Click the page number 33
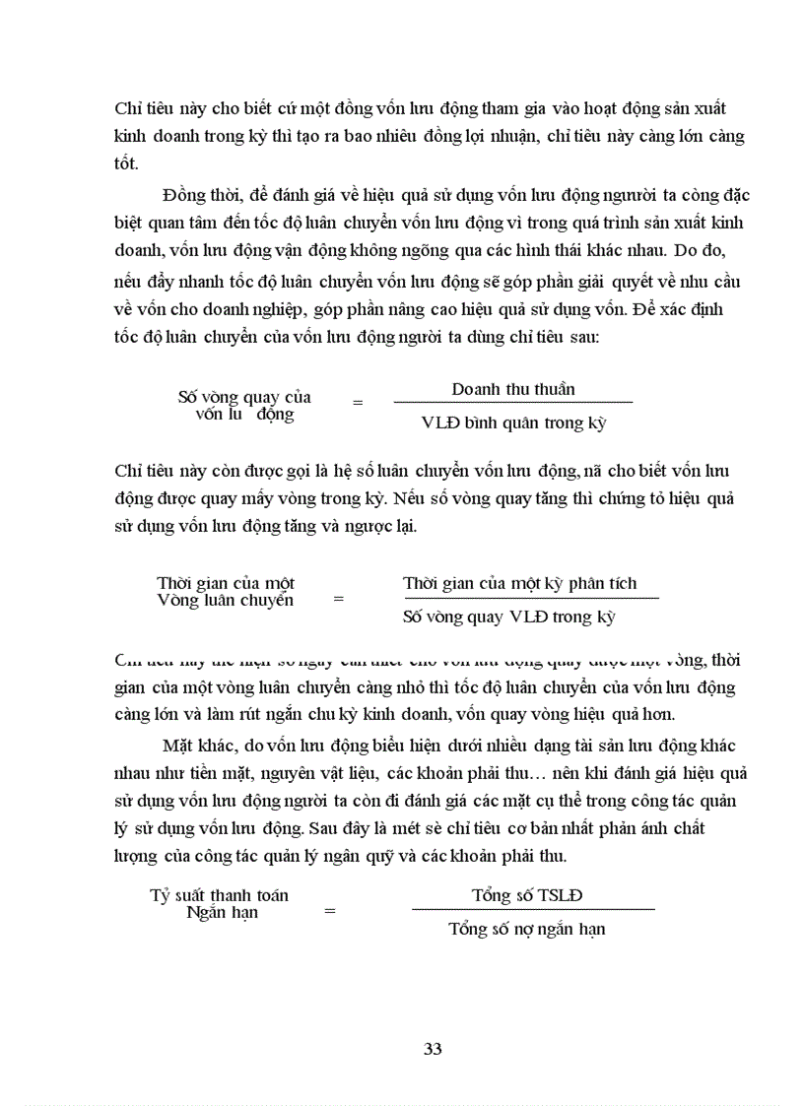[433, 1048]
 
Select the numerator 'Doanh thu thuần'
[513, 389]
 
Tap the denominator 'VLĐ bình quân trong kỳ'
[513, 423]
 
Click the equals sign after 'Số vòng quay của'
[358, 403]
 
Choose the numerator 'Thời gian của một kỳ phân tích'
[520, 583]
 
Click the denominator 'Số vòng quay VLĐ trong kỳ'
[509, 618]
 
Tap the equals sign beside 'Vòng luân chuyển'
[339, 598]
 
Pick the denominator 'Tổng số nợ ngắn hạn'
[527, 929]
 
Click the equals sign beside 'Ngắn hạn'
[330, 911]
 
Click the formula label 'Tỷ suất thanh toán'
[219, 895]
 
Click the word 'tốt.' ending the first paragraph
[127, 163]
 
